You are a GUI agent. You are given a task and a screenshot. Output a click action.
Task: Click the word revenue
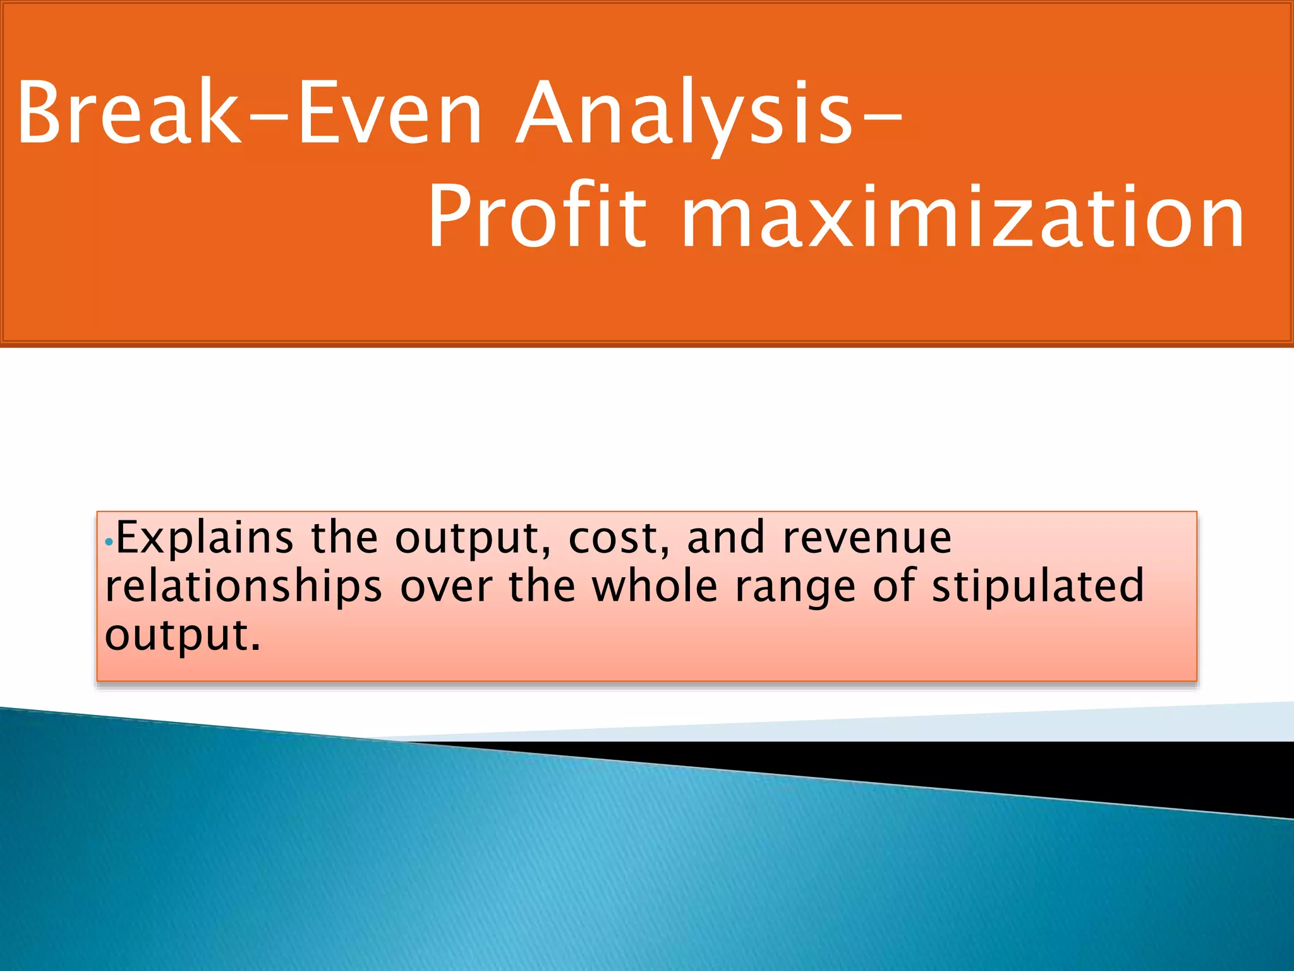coord(866,538)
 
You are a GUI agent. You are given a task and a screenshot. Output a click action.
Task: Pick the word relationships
coord(244,587)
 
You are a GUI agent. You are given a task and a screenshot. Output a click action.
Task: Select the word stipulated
coord(1037,587)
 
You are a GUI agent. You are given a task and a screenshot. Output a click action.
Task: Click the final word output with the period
coord(183,637)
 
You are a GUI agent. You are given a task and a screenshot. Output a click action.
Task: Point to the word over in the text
coord(446,587)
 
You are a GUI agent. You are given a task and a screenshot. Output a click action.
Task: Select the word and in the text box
coord(725,538)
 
